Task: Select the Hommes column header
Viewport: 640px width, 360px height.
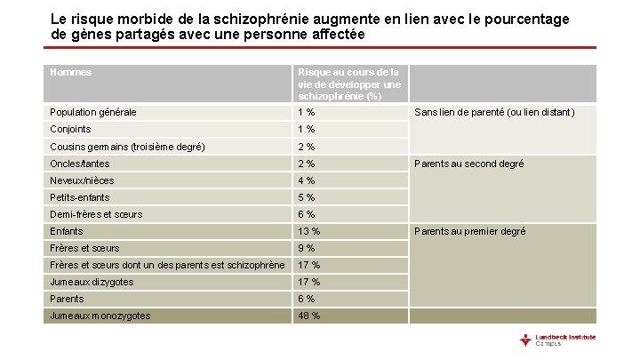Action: [71, 73]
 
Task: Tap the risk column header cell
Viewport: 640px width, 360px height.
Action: [348, 84]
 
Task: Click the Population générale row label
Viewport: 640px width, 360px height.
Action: [93, 112]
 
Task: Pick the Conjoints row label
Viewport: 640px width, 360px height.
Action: [71, 129]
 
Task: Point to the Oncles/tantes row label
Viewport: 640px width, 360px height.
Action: [80, 164]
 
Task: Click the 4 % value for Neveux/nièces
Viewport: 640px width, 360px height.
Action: [306, 180]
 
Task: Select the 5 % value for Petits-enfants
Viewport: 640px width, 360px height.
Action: [306, 197]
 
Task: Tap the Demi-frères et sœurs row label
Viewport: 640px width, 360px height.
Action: [96, 214]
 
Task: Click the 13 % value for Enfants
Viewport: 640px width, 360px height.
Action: [308, 231]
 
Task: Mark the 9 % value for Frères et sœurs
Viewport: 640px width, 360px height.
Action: [306, 248]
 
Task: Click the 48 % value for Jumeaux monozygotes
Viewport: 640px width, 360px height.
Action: [308, 316]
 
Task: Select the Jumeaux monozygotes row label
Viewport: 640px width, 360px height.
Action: [100, 316]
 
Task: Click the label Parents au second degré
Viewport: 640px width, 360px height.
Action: [469, 164]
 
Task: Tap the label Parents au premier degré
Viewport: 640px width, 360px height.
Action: [469, 231]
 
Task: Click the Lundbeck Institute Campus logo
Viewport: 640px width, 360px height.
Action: [559, 340]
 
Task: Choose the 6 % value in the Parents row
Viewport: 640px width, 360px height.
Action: [306, 299]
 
